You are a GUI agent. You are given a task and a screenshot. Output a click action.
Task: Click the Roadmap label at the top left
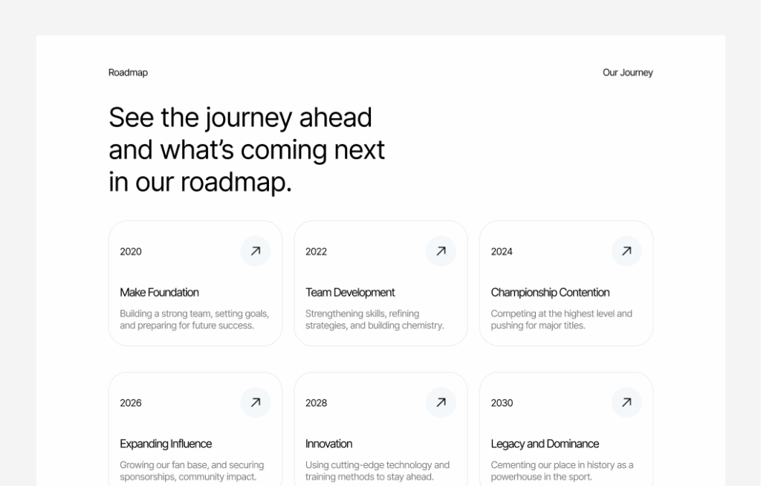(x=128, y=73)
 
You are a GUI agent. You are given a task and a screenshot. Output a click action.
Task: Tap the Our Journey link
(x=627, y=73)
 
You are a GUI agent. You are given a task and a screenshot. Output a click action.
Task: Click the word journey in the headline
(x=248, y=118)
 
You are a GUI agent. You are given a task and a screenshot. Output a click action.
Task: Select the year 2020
(x=131, y=252)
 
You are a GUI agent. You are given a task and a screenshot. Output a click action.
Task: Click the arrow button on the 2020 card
(x=256, y=251)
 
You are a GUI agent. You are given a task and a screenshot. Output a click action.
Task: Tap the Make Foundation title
(x=159, y=293)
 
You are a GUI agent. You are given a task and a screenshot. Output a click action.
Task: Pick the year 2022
(x=316, y=252)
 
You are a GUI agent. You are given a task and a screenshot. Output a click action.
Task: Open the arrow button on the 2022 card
(x=441, y=251)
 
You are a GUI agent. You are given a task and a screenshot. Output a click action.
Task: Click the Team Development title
(x=350, y=293)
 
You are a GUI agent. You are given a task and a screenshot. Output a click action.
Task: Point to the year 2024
(x=502, y=252)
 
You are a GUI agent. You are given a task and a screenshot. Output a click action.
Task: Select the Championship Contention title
(x=550, y=293)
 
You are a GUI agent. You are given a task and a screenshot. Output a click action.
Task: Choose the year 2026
(x=131, y=404)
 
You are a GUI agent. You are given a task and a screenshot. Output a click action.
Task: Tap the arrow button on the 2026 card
(x=256, y=403)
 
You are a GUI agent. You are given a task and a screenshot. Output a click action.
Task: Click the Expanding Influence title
(x=166, y=444)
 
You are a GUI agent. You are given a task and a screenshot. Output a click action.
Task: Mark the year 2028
(x=316, y=404)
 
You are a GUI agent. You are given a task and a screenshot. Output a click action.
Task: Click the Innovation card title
(x=328, y=444)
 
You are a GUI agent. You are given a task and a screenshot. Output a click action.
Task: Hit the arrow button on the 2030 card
(x=626, y=403)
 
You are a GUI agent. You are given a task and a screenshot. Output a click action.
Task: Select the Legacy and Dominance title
(x=545, y=444)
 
